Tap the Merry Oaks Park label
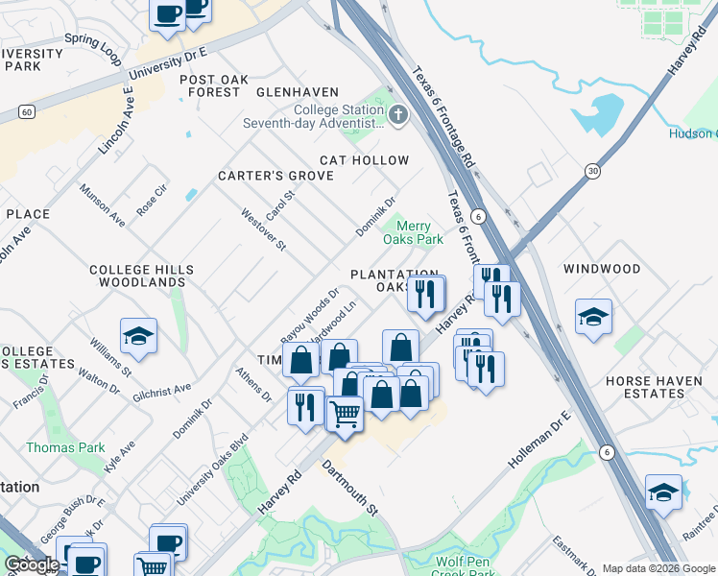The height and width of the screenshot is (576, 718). pos(414,232)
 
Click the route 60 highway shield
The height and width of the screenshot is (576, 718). pos(27,113)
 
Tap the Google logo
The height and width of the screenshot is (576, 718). pos(32,564)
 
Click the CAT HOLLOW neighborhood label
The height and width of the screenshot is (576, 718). pos(365,160)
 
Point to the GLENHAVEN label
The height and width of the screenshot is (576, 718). pos(298,92)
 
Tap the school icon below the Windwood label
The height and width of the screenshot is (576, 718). pos(593,318)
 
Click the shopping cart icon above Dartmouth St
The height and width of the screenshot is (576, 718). pos(346,414)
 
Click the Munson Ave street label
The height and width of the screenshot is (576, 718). pos(103,205)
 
